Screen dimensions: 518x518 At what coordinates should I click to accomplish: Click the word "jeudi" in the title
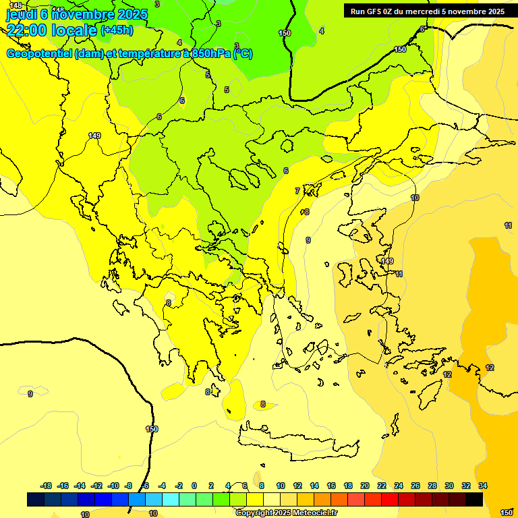(x=21, y=13)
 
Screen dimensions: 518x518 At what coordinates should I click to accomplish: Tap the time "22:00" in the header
(x=26, y=30)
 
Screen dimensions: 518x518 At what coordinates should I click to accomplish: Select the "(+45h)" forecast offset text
(x=117, y=30)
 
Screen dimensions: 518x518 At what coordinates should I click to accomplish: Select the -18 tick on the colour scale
(x=47, y=486)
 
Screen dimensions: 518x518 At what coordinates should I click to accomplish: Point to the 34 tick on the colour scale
(x=483, y=486)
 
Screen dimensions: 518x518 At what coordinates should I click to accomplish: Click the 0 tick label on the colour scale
(x=194, y=486)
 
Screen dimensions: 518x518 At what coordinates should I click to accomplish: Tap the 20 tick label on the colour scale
(x=365, y=486)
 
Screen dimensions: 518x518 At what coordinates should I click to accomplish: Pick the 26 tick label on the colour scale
(x=415, y=486)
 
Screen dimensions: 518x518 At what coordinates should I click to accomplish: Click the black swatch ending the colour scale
(x=474, y=499)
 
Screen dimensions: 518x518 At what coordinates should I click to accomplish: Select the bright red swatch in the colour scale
(x=390, y=499)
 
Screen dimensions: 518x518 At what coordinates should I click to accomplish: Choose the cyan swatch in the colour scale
(x=171, y=499)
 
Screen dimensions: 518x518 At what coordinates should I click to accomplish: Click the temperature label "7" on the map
(x=297, y=191)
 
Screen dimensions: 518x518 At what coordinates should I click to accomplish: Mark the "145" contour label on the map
(x=16, y=5)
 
